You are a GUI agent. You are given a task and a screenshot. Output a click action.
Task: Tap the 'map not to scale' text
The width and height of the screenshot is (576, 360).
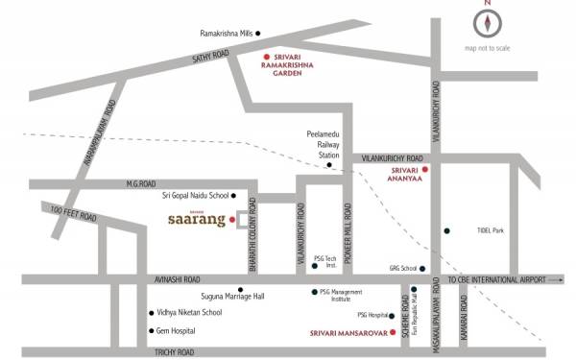click(488, 48)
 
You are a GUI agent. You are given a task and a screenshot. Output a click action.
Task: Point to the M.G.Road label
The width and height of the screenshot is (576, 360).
click(140, 183)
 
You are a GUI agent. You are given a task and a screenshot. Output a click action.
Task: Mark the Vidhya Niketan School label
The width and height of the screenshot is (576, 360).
click(190, 313)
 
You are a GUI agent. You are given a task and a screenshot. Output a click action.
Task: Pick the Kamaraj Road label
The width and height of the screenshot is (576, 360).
click(464, 314)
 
